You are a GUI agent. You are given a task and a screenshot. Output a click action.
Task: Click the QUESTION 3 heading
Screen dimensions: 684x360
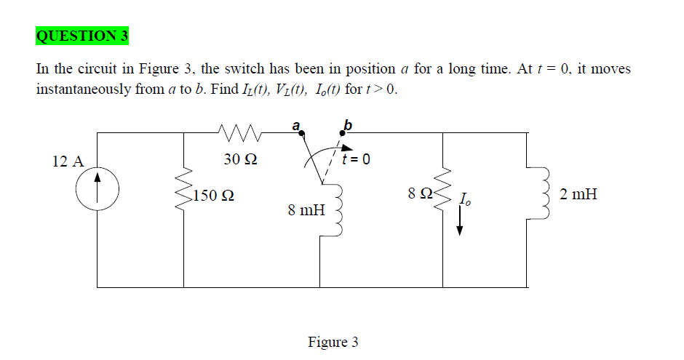tap(82, 36)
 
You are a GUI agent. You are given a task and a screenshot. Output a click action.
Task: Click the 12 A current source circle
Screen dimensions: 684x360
tap(98, 167)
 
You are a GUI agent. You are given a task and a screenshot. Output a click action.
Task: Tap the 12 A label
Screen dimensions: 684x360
tap(68, 161)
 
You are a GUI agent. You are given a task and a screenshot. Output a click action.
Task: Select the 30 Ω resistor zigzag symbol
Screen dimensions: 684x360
tap(239, 133)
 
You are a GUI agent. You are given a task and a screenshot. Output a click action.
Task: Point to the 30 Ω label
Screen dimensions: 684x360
tap(240, 159)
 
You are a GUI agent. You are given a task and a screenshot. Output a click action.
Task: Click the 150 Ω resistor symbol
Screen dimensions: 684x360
tap(183, 188)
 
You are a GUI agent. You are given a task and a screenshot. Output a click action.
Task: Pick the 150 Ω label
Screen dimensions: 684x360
tap(214, 195)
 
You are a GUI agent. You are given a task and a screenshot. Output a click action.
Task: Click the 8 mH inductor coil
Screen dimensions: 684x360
tap(337, 210)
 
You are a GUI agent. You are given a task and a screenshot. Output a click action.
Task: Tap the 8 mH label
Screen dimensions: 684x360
tap(306, 210)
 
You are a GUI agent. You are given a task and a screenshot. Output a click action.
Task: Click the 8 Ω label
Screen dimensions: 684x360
tap(420, 193)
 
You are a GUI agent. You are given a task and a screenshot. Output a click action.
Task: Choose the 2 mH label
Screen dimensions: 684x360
tap(578, 194)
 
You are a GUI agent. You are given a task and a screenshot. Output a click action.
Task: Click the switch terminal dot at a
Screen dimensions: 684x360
tap(301, 133)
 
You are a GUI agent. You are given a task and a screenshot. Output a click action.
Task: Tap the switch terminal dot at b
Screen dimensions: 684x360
tap(343, 133)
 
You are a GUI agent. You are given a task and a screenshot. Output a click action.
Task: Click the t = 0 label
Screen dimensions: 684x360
tap(356, 159)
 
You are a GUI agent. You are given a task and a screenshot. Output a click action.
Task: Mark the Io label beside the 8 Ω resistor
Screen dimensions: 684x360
tap(465, 199)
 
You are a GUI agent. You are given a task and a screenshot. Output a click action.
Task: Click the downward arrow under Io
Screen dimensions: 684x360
tap(459, 221)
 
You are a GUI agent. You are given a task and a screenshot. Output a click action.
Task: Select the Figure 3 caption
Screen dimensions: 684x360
tap(333, 342)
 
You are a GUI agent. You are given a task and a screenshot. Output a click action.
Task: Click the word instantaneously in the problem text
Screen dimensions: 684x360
tap(84, 89)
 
